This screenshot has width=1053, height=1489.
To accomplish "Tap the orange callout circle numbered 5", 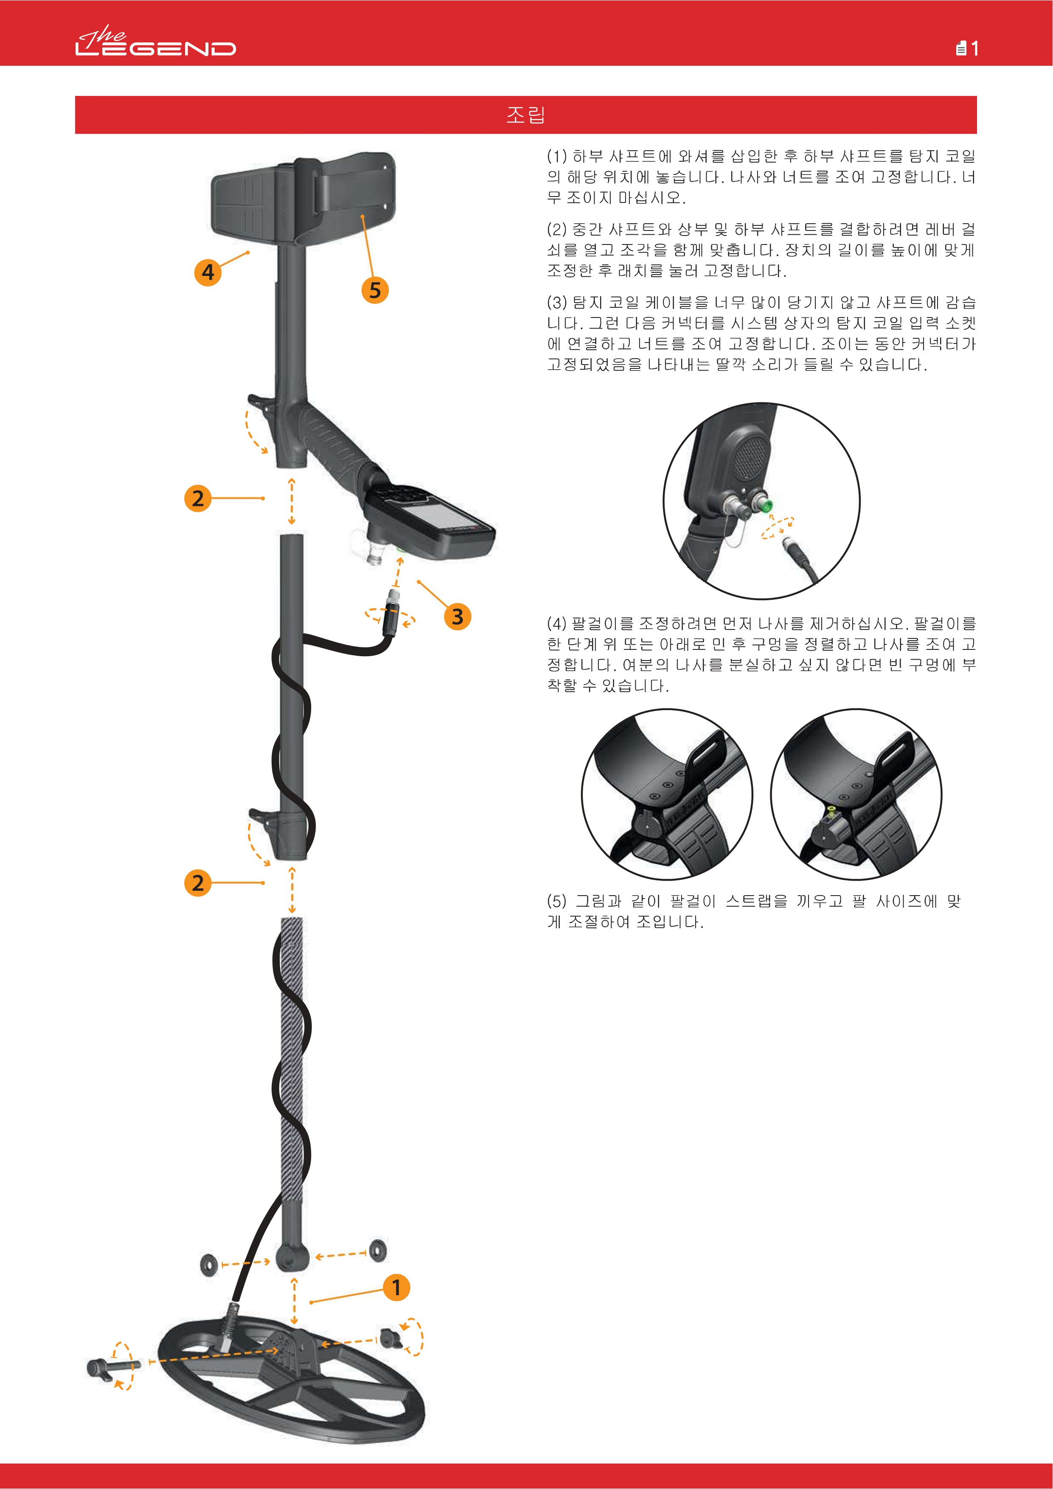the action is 375,290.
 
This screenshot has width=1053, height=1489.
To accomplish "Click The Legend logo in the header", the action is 156,44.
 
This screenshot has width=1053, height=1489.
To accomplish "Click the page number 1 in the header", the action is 974,49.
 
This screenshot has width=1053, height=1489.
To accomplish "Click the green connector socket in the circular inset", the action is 765,503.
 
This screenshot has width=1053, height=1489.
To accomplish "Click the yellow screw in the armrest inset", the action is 831,809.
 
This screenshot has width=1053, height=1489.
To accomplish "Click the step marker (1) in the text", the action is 556,156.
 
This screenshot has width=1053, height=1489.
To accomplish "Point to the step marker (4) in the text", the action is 556,624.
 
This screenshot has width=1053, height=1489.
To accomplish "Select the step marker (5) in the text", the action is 556,901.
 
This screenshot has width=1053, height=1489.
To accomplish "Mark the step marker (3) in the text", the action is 556,302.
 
